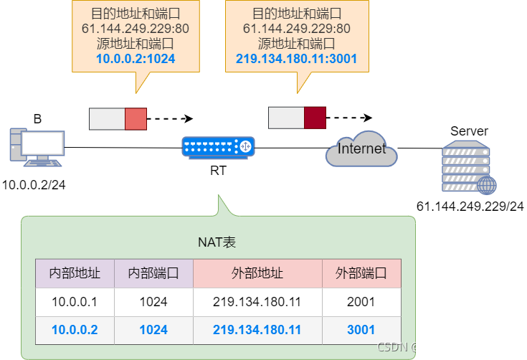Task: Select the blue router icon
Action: [218, 146]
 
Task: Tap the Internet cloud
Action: [361, 149]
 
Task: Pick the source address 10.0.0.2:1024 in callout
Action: [136, 59]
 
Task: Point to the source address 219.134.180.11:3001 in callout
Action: [297, 59]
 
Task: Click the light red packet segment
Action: [136, 119]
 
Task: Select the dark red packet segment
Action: [315, 118]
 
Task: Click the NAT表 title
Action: [217, 242]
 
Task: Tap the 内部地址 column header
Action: [75, 273]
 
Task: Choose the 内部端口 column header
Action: [153, 273]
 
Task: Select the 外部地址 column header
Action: [257, 273]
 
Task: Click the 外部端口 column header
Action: [361, 273]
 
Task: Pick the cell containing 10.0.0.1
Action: [75, 302]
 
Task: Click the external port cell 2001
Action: [361, 302]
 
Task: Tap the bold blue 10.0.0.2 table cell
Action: [75, 330]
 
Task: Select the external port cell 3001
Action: [361, 330]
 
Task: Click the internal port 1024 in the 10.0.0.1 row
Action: [153, 302]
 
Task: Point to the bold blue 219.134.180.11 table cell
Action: [257, 330]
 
